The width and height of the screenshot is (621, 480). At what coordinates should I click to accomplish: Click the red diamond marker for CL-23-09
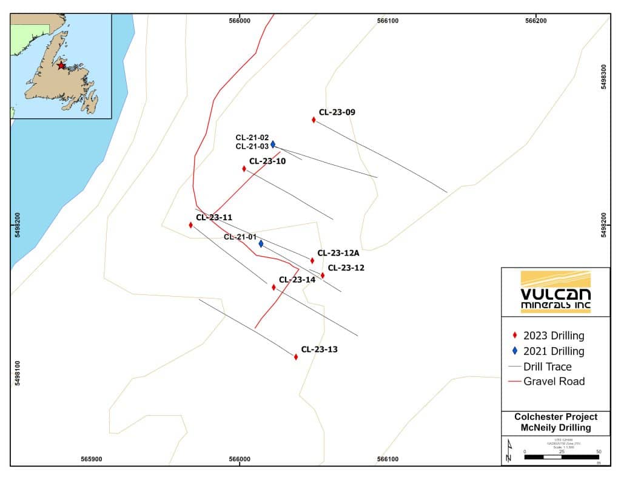[314, 120]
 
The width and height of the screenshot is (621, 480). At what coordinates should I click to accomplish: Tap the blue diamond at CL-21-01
[261, 244]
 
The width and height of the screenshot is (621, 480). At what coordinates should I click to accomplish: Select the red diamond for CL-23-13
[296, 357]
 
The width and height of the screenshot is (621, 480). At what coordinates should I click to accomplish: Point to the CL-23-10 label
[267, 161]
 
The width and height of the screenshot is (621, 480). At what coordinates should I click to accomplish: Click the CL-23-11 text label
[214, 217]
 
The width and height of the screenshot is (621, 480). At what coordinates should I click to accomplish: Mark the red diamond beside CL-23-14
[274, 287]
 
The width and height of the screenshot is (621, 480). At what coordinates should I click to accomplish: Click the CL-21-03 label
[252, 146]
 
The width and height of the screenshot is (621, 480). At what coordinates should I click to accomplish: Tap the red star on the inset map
[61, 65]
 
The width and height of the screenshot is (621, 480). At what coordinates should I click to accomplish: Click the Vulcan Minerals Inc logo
[556, 292]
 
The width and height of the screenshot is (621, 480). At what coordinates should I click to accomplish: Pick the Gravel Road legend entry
[546, 382]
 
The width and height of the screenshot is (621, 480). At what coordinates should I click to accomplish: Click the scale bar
[562, 456]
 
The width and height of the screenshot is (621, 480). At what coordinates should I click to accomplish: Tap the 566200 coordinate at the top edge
[536, 21]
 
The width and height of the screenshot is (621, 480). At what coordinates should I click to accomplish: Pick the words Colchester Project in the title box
[556, 417]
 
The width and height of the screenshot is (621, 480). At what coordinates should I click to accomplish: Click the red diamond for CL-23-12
[323, 275]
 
